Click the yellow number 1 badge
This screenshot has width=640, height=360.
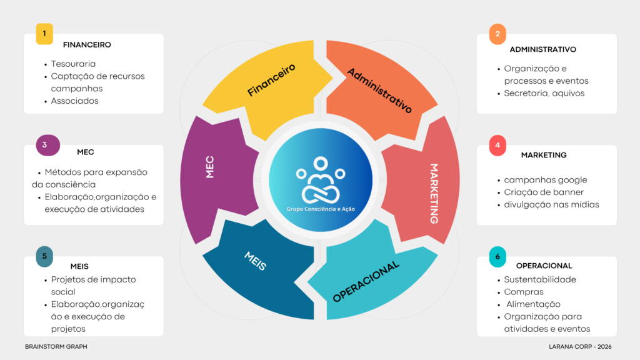(x=44, y=34)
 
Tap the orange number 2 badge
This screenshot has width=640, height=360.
(x=497, y=34)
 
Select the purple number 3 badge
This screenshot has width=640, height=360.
(x=47, y=145)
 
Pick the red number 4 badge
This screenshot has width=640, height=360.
(x=497, y=145)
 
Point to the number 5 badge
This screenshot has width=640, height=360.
(x=44, y=256)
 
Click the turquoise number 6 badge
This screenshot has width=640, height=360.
(x=497, y=257)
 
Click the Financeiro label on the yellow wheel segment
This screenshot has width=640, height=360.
(x=271, y=80)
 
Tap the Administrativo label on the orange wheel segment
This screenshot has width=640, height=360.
(x=379, y=91)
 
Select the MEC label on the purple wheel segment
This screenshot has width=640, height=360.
(x=210, y=167)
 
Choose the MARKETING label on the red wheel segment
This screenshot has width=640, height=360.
(x=434, y=194)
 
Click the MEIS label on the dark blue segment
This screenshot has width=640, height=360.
(x=256, y=261)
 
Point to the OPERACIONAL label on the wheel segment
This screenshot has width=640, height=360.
(x=366, y=282)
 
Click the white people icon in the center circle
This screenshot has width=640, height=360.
(x=321, y=180)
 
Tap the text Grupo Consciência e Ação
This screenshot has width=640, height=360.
(x=321, y=209)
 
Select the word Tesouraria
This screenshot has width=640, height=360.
(x=73, y=64)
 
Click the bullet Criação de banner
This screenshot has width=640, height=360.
(x=544, y=192)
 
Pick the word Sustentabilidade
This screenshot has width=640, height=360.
(x=540, y=279)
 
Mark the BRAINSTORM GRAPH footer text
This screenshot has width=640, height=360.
(x=56, y=346)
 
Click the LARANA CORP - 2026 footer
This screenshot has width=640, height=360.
(x=580, y=346)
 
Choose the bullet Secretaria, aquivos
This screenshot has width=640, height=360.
(x=544, y=93)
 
